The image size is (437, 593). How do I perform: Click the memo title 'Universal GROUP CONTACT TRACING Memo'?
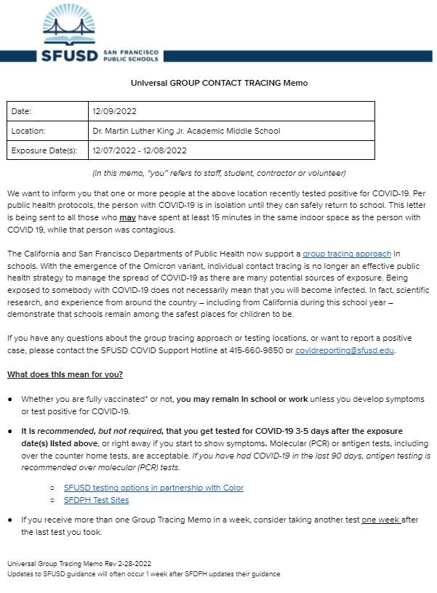click(218, 84)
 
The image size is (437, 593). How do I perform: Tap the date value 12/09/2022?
click(114, 111)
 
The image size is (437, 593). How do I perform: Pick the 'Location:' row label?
click(29, 131)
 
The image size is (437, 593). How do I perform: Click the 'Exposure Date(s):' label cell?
click(44, 150)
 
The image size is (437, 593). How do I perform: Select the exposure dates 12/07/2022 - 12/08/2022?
click(140, 150)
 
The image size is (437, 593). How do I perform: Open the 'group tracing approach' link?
click(347, 254)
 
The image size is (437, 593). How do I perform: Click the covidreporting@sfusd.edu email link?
click(345, 350)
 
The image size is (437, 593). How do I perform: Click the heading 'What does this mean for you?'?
click(65, 374)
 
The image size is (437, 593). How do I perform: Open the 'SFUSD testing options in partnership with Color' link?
click(153, 488)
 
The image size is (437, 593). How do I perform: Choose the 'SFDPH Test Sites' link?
click(96, 500)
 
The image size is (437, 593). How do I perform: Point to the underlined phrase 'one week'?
click(380, 520)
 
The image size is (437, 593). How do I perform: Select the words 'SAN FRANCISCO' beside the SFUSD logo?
click(132, 52)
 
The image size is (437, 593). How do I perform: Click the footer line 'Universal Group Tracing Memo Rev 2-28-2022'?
click(79, 563)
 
